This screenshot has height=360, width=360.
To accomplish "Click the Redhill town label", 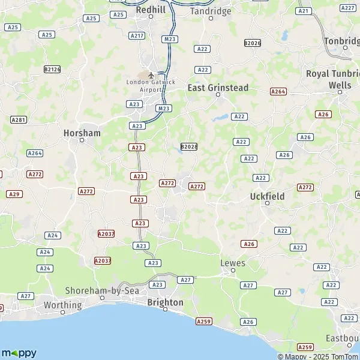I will pyautogui.click(x=151, y=10).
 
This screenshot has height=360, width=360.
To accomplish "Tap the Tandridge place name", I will pyautogui.click(x=211, y=11).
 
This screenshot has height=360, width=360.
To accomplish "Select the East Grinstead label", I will pyautogui.click(x=218, y=88).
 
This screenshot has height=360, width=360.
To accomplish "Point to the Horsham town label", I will pyautogui.click(x=82, y=133).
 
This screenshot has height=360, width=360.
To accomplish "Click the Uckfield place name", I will pyautogui.click(x=267, y=196).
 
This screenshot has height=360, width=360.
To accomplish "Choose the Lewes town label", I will pyautogui.click(x=233, y=263).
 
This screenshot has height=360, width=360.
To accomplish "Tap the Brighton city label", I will pyautogui.click(x=165, y=302).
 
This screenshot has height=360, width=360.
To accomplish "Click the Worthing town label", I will pyautogui.click(x=62, y=305).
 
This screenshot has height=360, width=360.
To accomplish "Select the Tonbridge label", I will pyautogui.click(x=341, y=41).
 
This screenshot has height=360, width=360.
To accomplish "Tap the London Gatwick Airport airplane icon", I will pyautogui.click(x=151, y=75).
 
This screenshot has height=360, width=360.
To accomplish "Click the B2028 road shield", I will pyautogui.click(x=189, y=146).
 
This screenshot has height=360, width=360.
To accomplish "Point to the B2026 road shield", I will pyautogui.click(x=253, y=43).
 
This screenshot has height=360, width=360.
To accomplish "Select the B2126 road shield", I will pyautogui.click(x=53, y=70).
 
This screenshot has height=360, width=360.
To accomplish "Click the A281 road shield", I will pyautogui.click(x=19, y=120).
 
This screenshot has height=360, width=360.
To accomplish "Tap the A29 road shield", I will pyautogui.click(x=14, y=194).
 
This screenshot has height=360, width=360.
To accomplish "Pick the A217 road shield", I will pyautogui.click(x=137, y=36).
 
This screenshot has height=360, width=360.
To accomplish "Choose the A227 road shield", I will pyautogui.click(x=347, y=8).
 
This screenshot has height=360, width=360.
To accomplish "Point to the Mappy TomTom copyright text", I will pyautogui.click(x=322, y=356).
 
